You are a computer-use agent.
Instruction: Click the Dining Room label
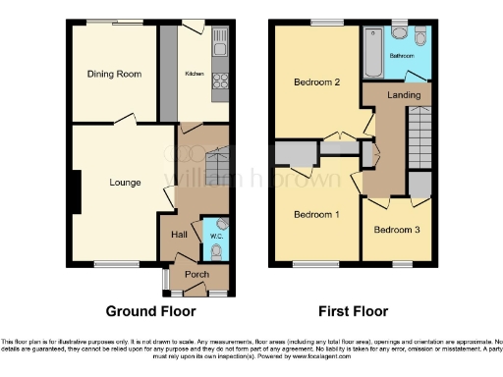click(x=115, y=74)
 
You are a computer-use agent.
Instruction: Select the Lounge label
click(x=124, y=183)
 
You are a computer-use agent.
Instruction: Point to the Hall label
click(x=180, y=235)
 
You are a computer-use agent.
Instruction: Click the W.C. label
click(x=217, y=236)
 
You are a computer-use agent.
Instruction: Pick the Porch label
click(x=196, y=275)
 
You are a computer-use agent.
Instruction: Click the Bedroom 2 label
click(x=316, y=83)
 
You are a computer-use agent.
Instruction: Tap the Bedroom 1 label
click(x=317, y=214)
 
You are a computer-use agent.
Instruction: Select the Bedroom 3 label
click(x=396, y=229)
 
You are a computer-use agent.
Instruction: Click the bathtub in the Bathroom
click(x=373, y=52)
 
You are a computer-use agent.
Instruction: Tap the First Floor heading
click(x=350, y=311)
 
